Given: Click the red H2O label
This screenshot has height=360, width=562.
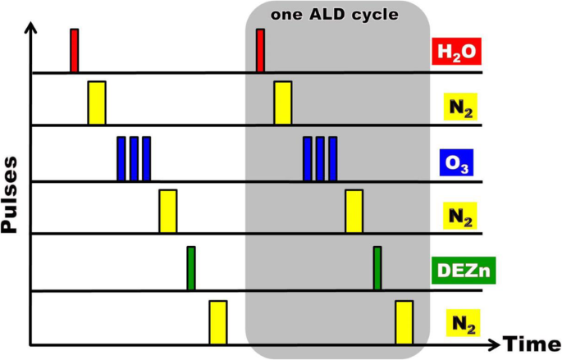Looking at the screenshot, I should point(456,53).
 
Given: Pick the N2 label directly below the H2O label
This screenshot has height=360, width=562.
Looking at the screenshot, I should point(457,107).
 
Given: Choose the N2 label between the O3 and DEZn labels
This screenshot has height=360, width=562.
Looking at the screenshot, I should point(457,216).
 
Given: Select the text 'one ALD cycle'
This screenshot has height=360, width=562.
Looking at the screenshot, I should point(336,15).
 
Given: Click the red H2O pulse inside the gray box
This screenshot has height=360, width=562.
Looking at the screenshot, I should point(260,51).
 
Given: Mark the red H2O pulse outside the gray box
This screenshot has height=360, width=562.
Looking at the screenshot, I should point(74,51).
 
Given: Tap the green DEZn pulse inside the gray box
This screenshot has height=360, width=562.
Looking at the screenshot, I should point(377,268).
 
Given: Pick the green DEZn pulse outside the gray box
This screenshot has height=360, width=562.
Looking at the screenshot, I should point(190,268).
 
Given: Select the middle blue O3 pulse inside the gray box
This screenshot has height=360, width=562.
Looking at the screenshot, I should point(320,158).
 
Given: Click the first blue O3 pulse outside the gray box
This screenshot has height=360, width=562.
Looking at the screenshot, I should point(121,158).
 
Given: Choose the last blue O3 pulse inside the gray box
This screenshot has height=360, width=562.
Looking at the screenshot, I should point(332,158).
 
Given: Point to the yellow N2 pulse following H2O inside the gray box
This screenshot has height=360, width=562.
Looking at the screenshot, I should point(282,103).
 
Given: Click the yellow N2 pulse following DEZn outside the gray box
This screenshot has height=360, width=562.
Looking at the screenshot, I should point(217,322).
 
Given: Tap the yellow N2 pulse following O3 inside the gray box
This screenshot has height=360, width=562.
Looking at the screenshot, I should point(354,211).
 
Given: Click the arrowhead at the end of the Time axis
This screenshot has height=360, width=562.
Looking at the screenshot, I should point(494,344).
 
